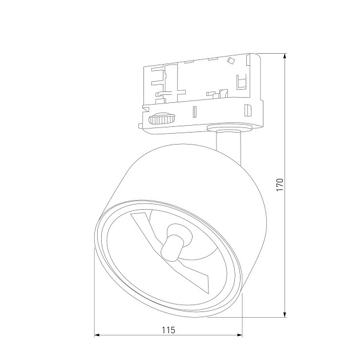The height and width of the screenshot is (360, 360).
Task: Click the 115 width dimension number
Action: [x=168, y=330]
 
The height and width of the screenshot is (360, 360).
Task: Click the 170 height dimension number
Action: [x=279, y=185]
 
